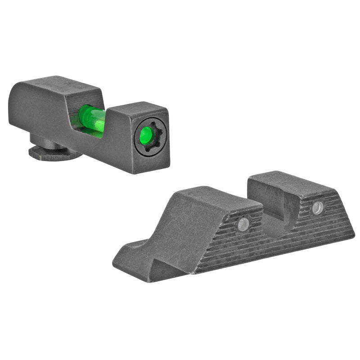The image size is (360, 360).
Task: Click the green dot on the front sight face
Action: click(146, 135)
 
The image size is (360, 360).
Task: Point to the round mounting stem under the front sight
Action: click(45, 141)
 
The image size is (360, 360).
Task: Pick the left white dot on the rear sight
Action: click(243, 224)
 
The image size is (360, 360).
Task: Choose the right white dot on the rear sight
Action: click(318, 207)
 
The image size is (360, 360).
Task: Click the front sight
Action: click(90, 121)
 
